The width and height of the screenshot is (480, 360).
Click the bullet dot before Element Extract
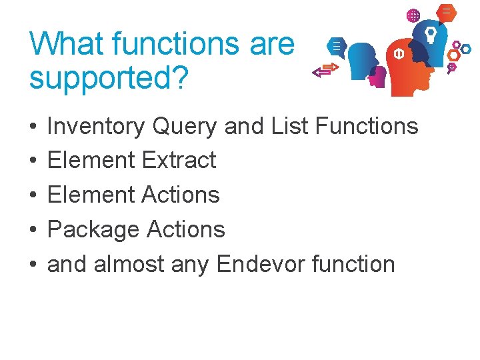point(33,161)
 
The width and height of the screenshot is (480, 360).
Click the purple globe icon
point(413,15)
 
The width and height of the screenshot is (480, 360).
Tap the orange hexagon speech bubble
point(447,12)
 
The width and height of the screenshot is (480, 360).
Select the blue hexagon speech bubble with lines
point(337,47)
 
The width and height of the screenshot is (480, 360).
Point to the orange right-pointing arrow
point(329,67)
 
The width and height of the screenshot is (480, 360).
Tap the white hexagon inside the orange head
point(399,54)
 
